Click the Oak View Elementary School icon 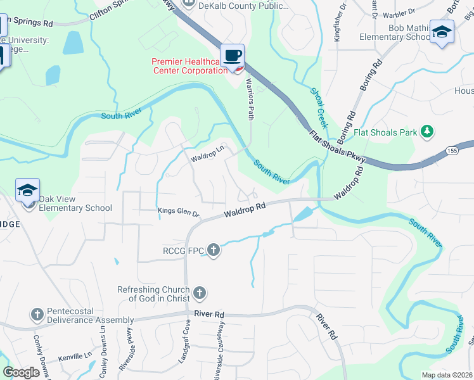tap(28, 191)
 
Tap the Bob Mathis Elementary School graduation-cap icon tap(442, 32)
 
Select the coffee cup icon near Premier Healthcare tap(233, 56)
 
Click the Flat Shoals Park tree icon tap(428, 132)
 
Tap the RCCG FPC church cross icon tap(214, 250)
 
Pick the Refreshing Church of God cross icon tap(200, 293)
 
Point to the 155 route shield tap(451, 150)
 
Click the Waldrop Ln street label tap(208, 153)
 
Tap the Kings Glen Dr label tap(179, 213)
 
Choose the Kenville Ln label tap(74, 357)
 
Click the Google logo tap(21, 372)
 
